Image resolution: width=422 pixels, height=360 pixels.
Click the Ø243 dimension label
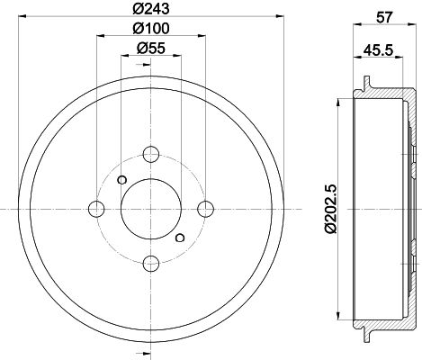[x=151, y=9]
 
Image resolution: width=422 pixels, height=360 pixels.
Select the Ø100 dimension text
[x=151, y=29]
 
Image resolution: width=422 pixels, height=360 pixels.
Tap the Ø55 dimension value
[x=151, y=48]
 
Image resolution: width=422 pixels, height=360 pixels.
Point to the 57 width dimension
[x=384, y=18]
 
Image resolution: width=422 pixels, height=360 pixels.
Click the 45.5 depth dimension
[x=378, y=49]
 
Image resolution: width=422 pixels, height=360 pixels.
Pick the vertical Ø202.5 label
[x=331, y=209]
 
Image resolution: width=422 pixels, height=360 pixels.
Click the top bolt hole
[x=151, y=154]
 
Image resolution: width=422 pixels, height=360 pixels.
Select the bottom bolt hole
[x=151, y=263]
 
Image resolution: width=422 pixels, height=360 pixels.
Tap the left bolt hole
[x=96, y=209]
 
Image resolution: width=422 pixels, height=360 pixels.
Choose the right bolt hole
[x=205, y=209]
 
